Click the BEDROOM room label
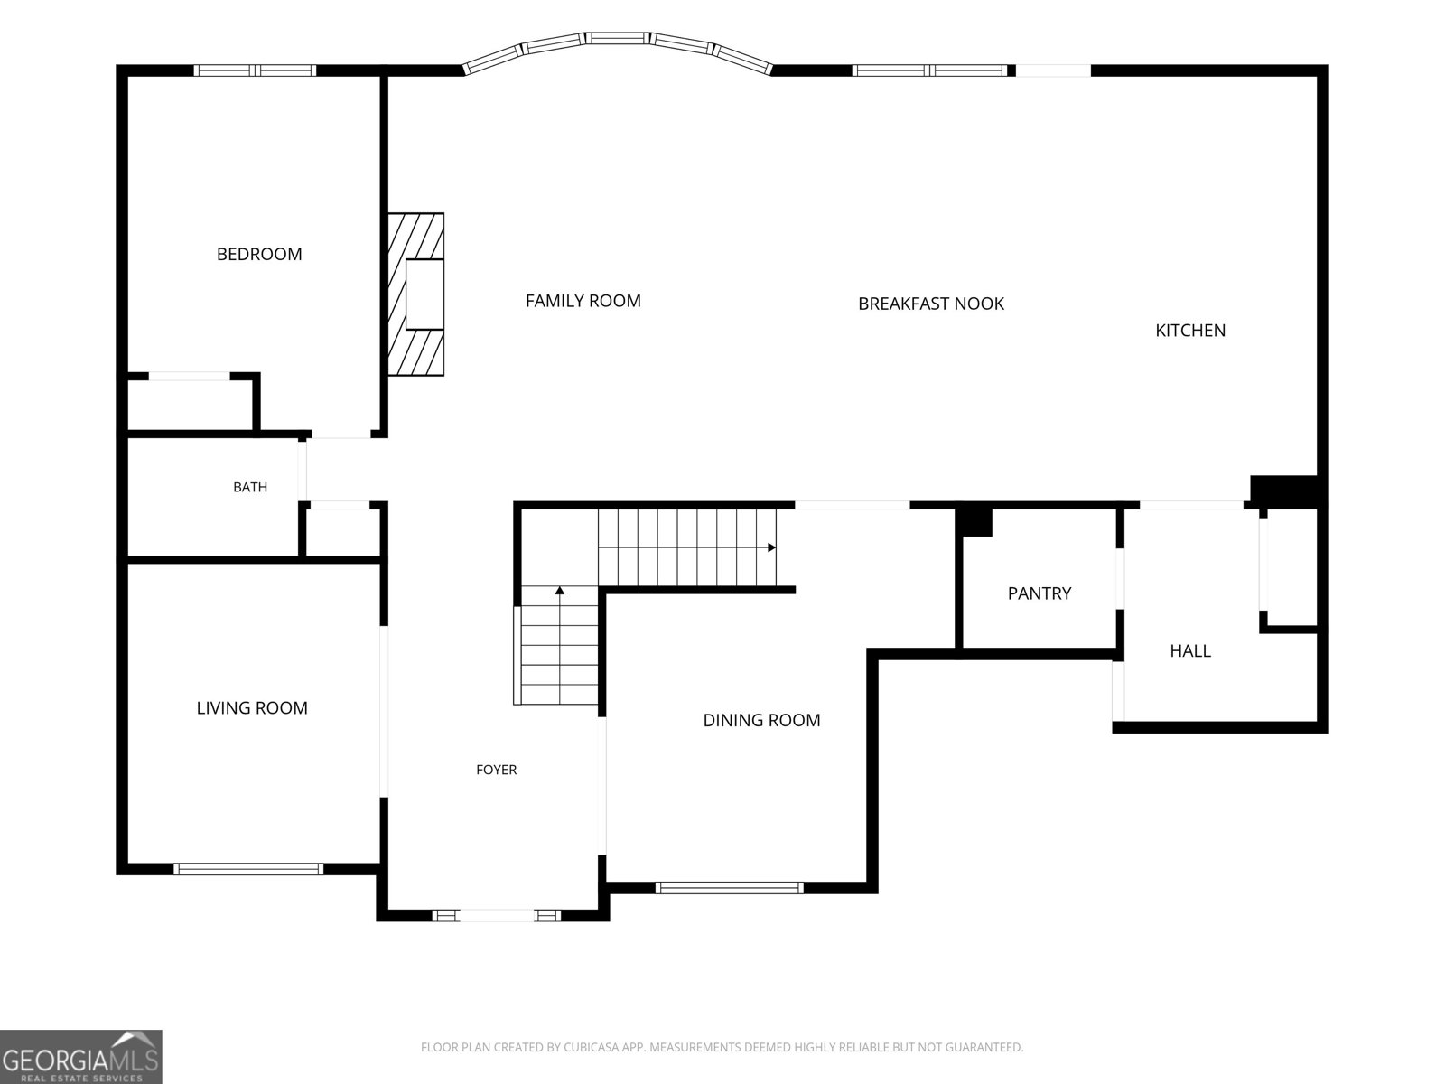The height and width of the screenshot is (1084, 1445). coord(259,254)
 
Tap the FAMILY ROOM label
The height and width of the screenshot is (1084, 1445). coord(583,301)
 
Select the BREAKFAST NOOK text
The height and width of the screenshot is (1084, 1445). coord(931,304)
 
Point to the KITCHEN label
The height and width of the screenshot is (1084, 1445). coord(1190,331)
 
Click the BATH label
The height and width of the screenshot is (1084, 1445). coord(250,487)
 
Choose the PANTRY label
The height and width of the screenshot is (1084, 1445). coord(1039,593)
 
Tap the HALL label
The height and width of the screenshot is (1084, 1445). coord(1190,651)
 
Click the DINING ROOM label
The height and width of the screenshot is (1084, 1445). coord(761,720)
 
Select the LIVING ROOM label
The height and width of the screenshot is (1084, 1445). coord(252,707)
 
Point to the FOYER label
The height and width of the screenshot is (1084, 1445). coord(497,770)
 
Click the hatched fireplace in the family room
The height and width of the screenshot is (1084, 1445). coord(415,294)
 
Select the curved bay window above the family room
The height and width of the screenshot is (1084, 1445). coord(618,39)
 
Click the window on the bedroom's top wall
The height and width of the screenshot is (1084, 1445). coord(255,70)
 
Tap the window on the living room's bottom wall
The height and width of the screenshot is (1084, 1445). coord(248,869)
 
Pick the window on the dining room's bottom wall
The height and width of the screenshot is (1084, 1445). coord(730,888)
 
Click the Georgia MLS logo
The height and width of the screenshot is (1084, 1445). coord(81,1057)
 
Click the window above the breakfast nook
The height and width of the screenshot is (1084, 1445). coord(929,70)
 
